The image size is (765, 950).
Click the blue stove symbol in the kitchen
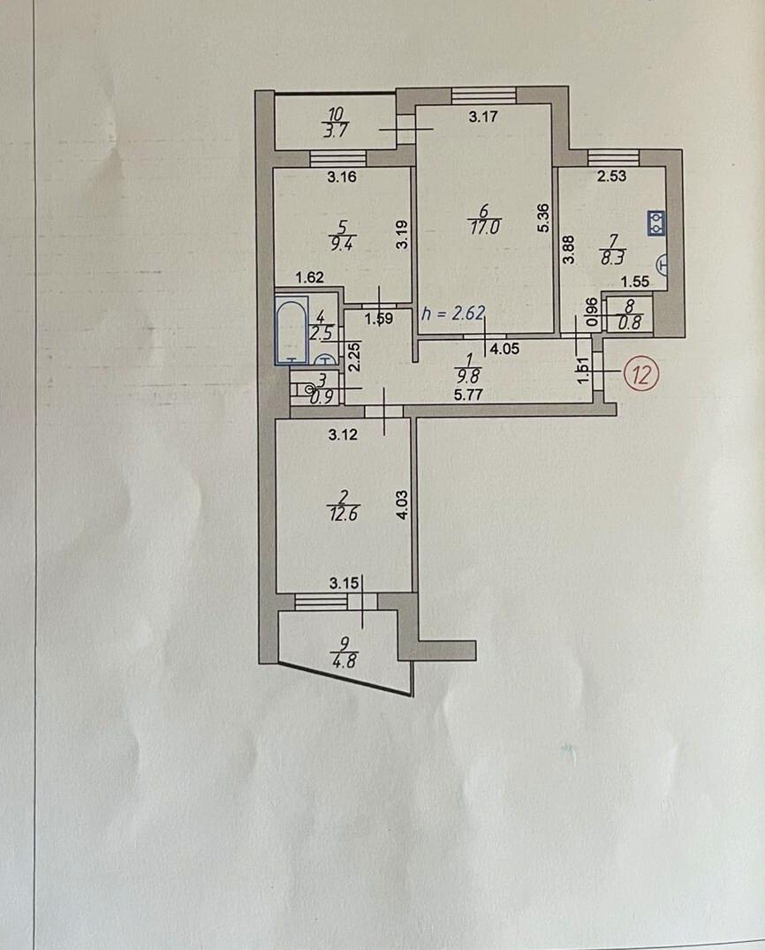pyautogui.click(x=656, y=223)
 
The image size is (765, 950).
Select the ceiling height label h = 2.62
pyautogui.click(x=454, y=313)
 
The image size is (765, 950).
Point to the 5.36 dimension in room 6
pyautogui.click(x=543, y=218)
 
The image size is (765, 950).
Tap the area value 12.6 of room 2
pyautogui.click(x=343, y=515)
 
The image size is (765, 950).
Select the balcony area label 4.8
pyautogui.click(x=344, y=660)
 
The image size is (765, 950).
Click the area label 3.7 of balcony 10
pyautogui.click(x=335, y=131)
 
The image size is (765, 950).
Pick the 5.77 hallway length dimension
pyautogui.click(x=468, y=395)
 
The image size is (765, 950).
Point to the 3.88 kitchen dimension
pyautogui.click(x=568, y=250)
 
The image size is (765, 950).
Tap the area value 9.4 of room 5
pyautogui.click(x=342, y=244)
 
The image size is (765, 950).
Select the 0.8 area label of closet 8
pyautogui.click(x=630, y=323)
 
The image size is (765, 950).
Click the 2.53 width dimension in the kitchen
pyautogui.click(x=611, y=177)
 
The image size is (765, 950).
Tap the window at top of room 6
pyautogui.click(x=484, y=95)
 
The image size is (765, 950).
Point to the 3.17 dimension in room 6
pyautogui.click(x=483, y=117)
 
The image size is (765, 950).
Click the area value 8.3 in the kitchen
pyautogui.click(x=612, y=258)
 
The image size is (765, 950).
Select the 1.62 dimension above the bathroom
pyautogui.click(x=309, y=277)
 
